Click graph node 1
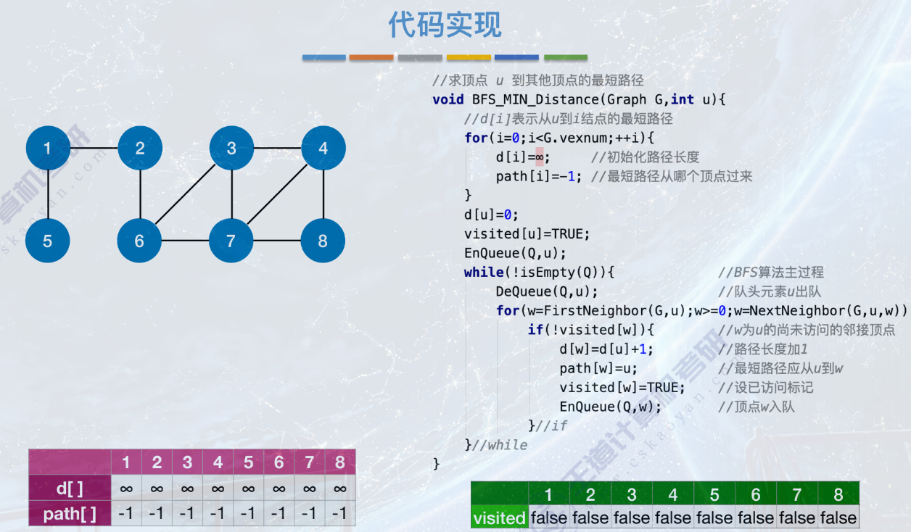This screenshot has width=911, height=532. point(48,149)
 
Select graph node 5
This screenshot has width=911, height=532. point(48,240)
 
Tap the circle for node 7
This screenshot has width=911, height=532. point(231,240)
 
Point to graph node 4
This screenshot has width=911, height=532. point(323,149)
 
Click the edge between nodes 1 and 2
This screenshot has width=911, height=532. point(94,149)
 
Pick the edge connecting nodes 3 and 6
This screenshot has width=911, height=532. point(186,194)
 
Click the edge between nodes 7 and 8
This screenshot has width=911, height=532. point(277,240)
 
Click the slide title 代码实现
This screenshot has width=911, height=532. point(445,25)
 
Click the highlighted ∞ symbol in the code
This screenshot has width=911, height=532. point(539,157)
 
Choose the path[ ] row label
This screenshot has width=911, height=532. point(70,515)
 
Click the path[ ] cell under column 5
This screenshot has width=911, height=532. point(248,515)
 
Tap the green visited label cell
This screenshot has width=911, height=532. point(499,518)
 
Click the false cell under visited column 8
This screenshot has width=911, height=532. point(838,518)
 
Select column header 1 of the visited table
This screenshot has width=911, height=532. point(549,495)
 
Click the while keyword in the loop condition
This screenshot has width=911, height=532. point(483,273)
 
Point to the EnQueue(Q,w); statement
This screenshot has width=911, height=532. point(611,407)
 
